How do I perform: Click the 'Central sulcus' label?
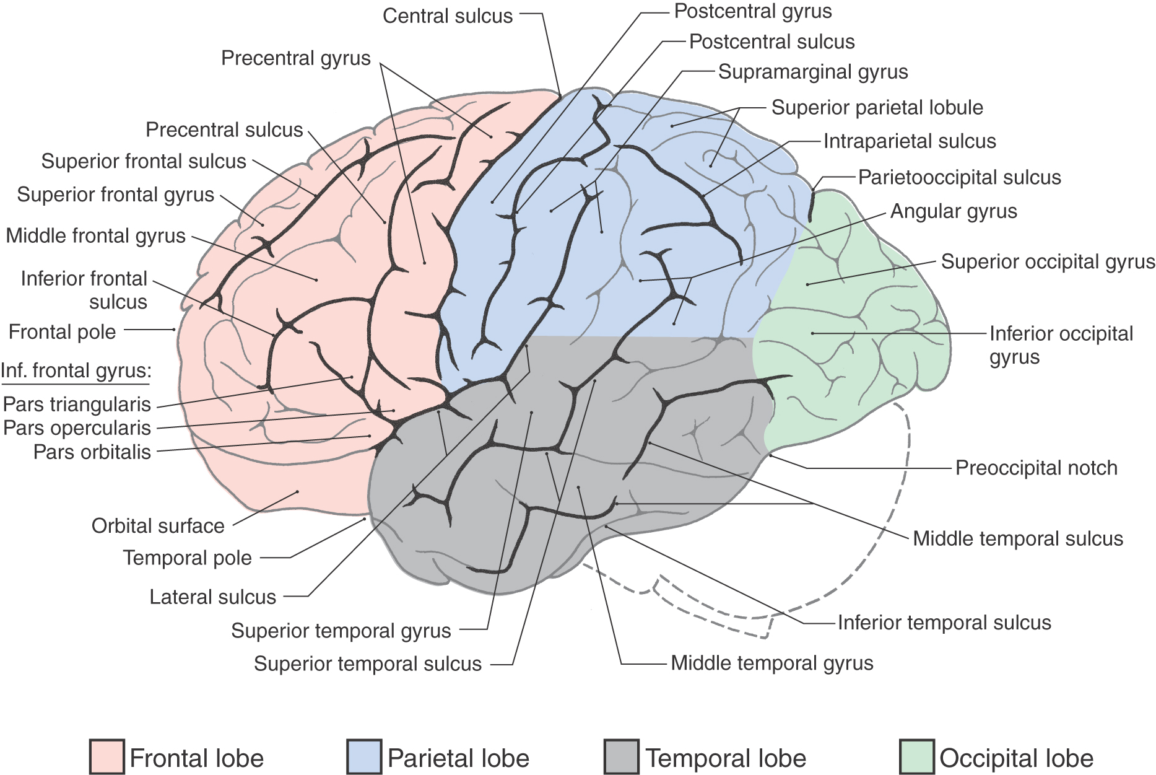tap(447, 15)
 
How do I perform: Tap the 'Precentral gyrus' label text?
tap(295, 58)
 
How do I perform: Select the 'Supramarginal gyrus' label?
tap(812, 72)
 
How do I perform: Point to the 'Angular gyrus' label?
tap(954, 211)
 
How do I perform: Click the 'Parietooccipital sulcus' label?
tap(959, 177)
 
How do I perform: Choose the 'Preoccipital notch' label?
tap(1036, 468)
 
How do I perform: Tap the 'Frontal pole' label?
tap(62, 331)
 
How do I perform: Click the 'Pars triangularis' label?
tap(77, 404)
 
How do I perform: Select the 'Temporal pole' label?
tap(187, 558)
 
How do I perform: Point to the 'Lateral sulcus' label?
tap(212, 597)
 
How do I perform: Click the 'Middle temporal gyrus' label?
tap(771, 663)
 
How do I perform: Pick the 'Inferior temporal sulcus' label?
tap(944, 623)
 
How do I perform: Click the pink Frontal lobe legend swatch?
tap(106, 757)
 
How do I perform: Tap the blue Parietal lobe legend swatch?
tap(364, 757)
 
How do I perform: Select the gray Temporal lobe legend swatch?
tap(621, 757)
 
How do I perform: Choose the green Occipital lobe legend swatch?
tap(916, 757)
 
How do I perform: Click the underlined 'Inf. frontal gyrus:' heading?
tap(76, 370)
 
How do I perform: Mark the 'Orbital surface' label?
tap(158, 525)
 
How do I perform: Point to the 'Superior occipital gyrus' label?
tap(1048, 261)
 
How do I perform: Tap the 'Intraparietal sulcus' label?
tap(909, 141)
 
